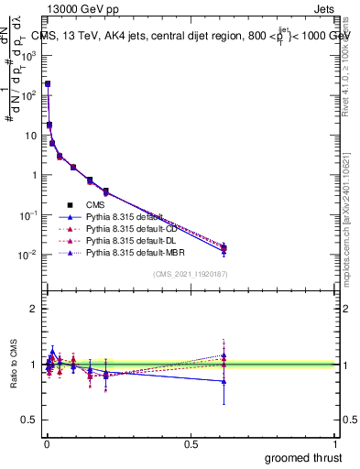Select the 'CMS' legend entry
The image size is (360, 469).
tap(95, 205)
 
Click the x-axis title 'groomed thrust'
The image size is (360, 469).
tap(303, 457)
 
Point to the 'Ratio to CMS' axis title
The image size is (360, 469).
tap(13, 364)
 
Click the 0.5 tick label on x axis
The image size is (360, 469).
tap(191, 443)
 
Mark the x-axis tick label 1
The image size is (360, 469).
tap(333, 443)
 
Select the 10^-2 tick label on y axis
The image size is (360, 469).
tap(29, 255)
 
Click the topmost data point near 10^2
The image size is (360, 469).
tap(47, 83)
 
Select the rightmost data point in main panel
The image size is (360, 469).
tap(224, 247)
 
